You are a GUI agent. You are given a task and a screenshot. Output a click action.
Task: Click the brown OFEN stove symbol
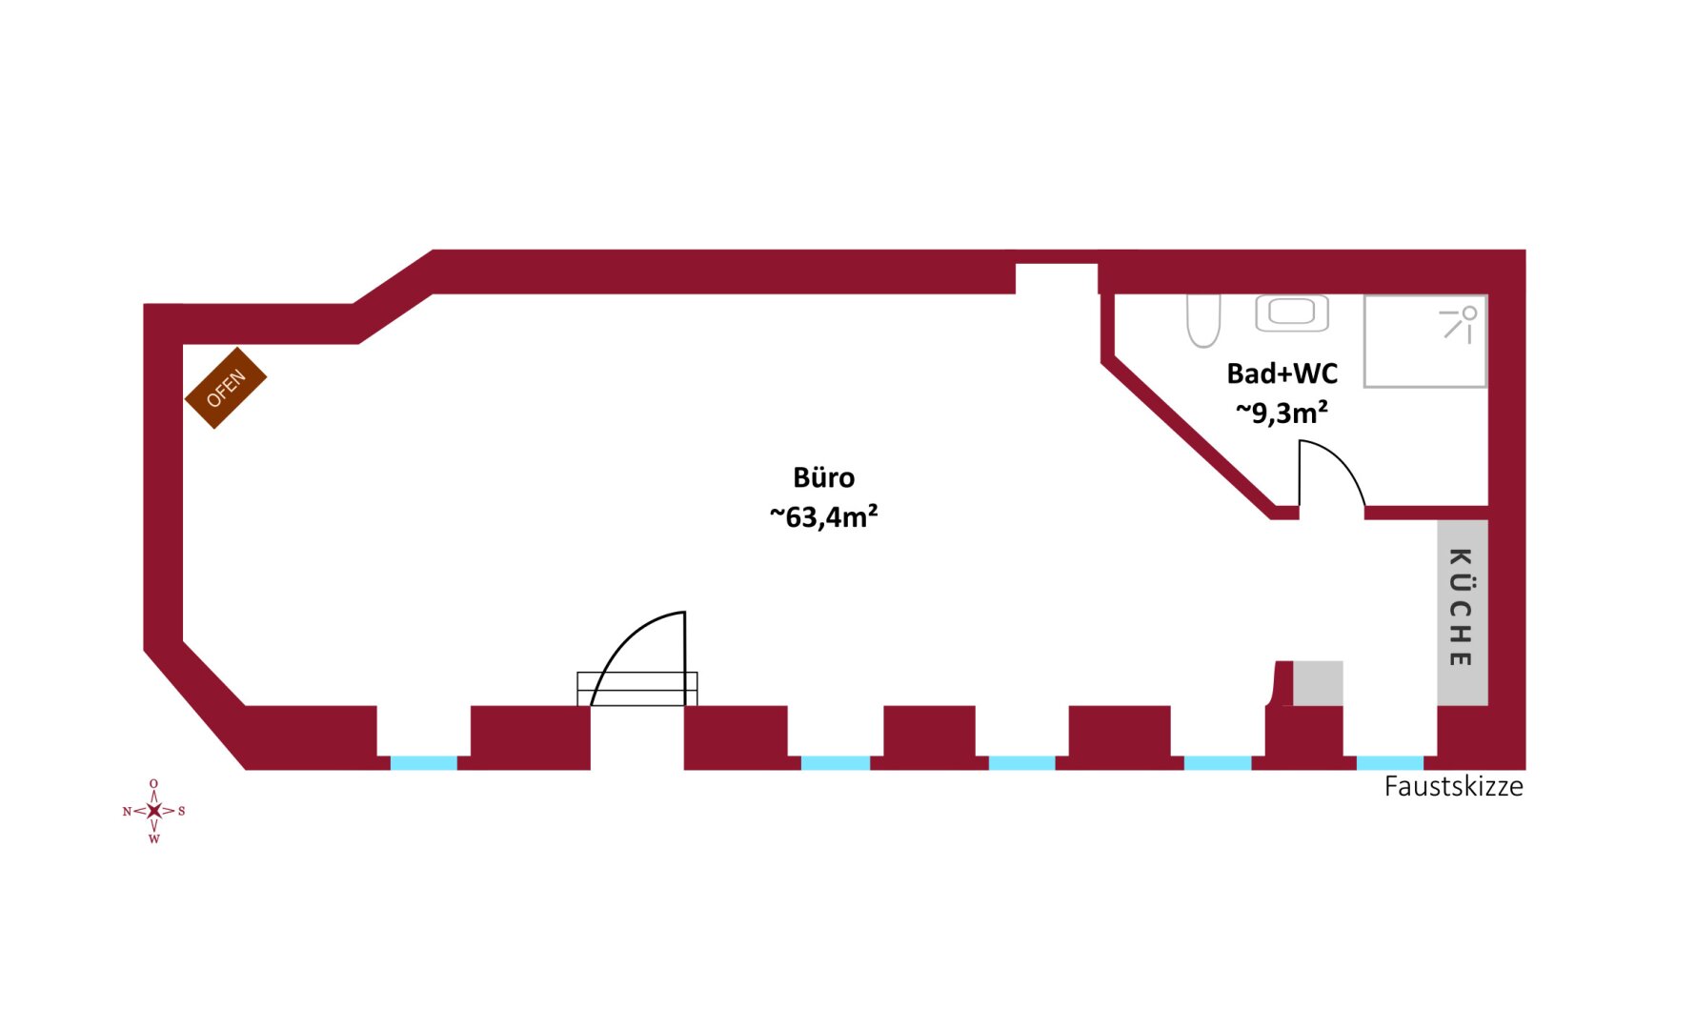[226, 388]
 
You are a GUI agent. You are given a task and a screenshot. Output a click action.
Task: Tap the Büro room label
[823, 477]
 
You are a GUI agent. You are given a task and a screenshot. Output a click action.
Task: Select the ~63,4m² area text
[823, 516]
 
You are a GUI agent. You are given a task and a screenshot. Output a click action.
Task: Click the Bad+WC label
[1282, 373]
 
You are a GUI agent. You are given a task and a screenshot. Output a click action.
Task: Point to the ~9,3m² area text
[1282, 413]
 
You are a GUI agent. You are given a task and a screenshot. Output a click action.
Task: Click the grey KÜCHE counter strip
[1462, 612]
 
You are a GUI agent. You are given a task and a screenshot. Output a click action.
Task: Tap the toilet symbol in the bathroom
[1203, 320]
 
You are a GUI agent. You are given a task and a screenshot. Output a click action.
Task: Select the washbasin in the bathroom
[1291, 313]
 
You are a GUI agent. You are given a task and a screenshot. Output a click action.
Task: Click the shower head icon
[1460, 322]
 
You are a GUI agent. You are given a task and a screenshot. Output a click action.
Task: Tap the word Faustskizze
[1453, 787]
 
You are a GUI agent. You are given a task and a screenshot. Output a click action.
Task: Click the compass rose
[154, 811]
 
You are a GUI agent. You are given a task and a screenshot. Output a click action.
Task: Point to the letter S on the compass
[182, 811]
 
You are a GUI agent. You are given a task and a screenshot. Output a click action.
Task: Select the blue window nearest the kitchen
[1389, 763]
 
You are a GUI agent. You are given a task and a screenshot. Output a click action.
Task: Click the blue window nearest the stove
[424, 763]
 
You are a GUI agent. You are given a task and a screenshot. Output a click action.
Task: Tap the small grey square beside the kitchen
[1318, 683]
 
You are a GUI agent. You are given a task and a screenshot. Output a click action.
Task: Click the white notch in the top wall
[1056, 279]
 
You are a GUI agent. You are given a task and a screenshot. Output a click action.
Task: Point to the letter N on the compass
[127, 811]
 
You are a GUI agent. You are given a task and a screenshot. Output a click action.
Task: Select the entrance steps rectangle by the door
[636, 689]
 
